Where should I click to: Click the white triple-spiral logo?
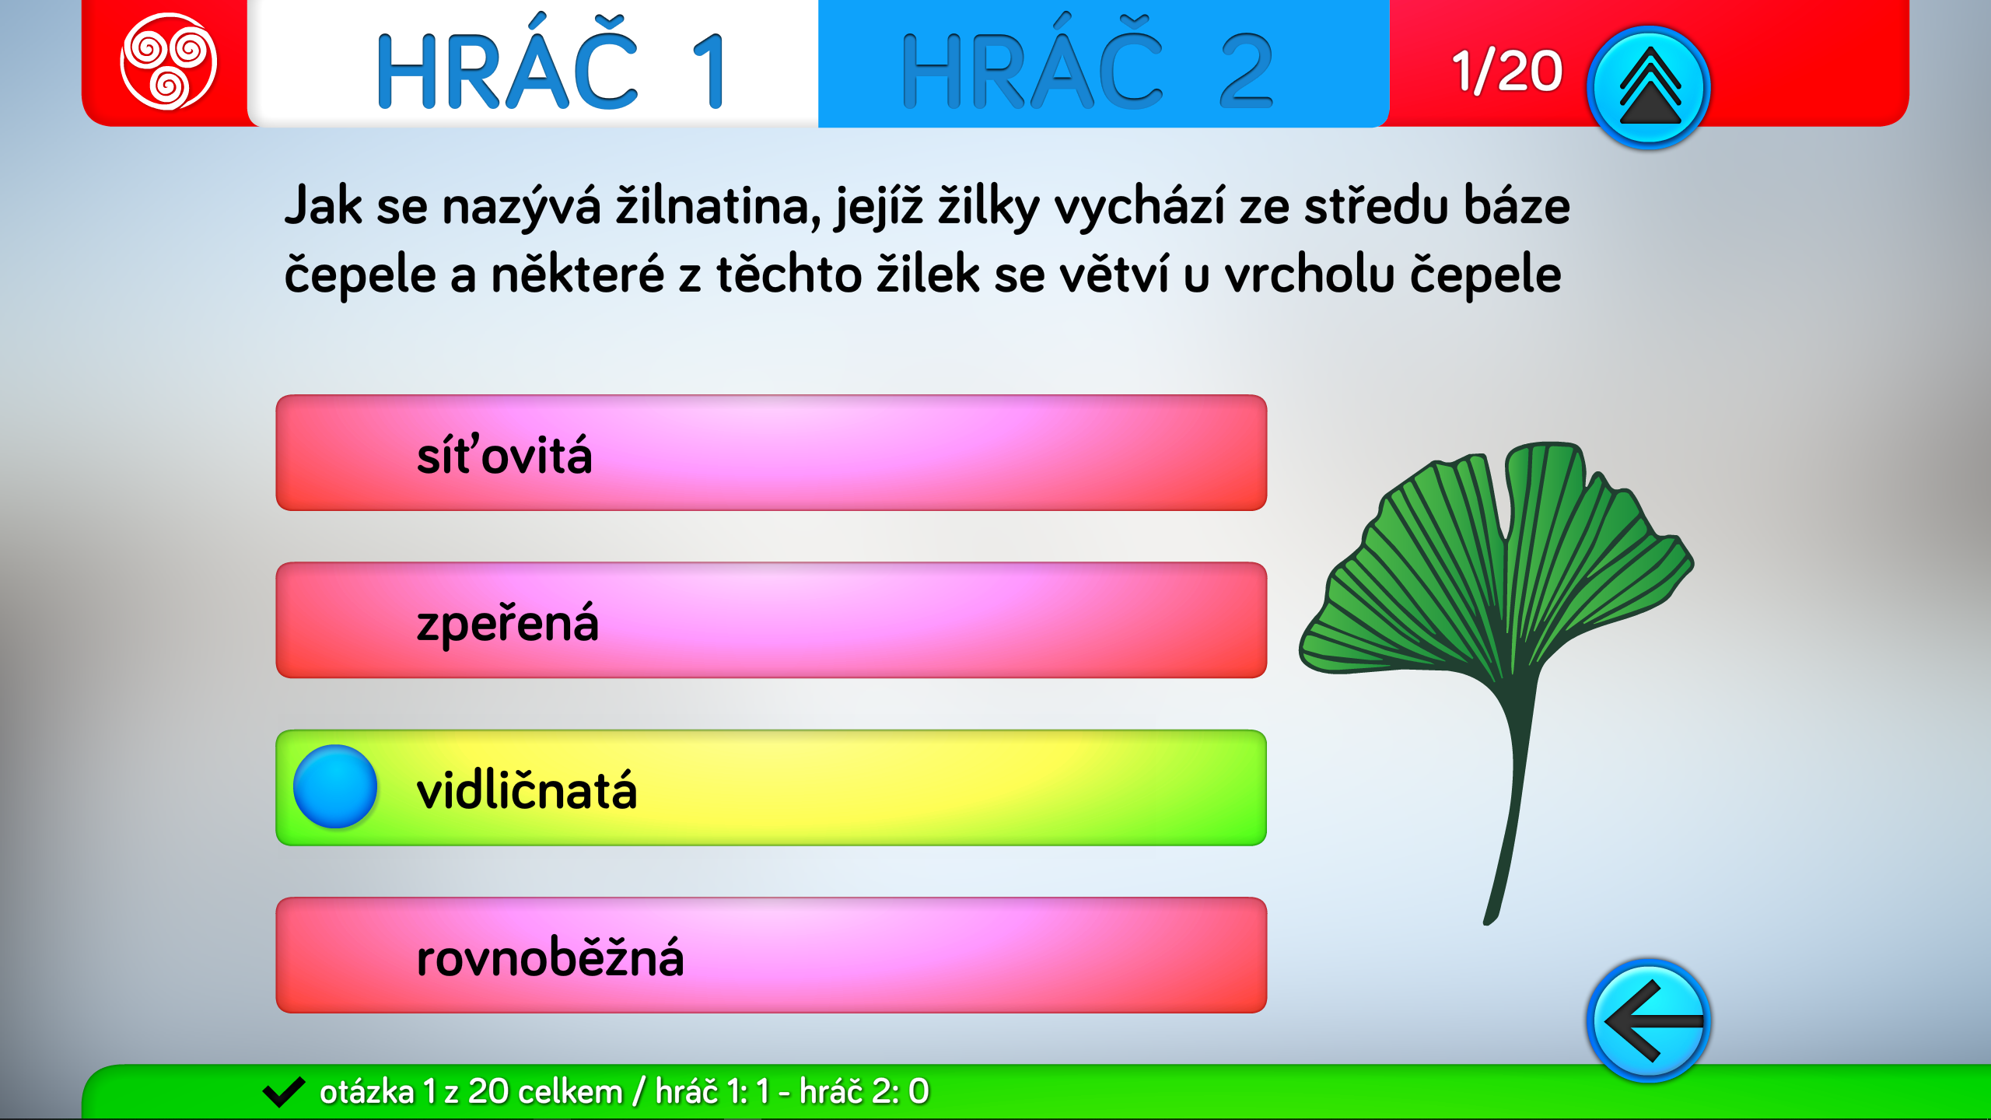[x=168, y=61]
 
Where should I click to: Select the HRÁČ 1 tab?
[x=533, y=64]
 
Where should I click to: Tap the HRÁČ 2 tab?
[x=1104, y=64]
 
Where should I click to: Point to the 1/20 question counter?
[x=1506, y=71]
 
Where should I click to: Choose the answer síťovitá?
[x=771, y=453]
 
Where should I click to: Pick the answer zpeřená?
[x=771, y=620]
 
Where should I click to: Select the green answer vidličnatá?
[x=771, y=787]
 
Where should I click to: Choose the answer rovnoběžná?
[x=771, y=955]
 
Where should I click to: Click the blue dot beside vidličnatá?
[x=335, y=786]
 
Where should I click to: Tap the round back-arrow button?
[x=1648, y=1020]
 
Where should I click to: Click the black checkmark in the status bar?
[x=284, y=1092]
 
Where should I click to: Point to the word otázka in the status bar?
[x=366, y=1092]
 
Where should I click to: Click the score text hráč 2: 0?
[x=864, y=1092]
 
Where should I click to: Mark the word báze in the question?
[x=1517, y=205]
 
